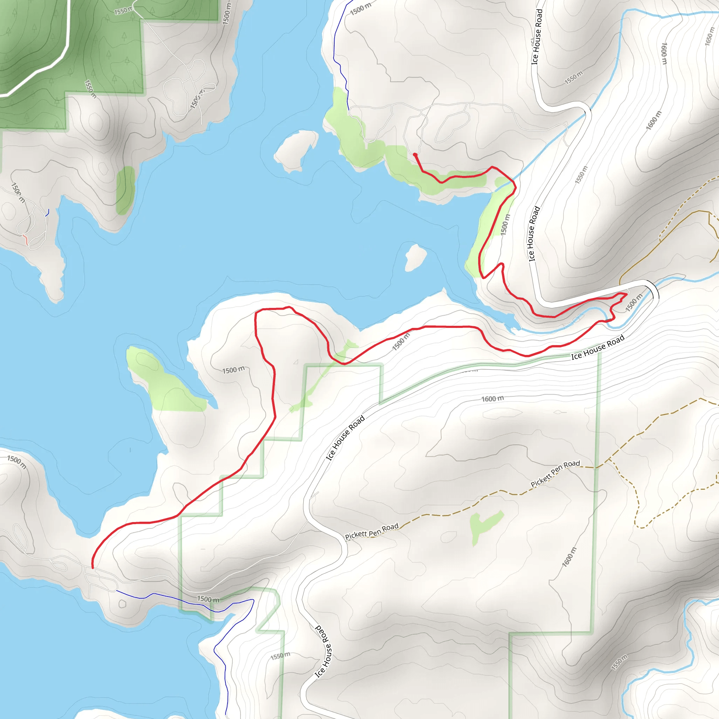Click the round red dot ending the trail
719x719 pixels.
415,154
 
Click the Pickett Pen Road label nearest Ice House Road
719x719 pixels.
371,532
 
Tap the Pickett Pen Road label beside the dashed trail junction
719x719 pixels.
555,473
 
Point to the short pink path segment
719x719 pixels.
25,239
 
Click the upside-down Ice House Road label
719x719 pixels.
322,651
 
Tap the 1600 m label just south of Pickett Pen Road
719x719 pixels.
569,557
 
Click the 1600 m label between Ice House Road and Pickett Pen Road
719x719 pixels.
492,399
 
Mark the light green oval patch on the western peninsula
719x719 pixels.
125,191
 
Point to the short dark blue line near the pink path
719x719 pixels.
47,213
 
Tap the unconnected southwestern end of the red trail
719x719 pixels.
92,568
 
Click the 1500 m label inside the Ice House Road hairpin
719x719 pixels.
634,302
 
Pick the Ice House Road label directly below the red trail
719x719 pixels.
598,347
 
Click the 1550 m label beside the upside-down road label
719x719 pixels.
280,656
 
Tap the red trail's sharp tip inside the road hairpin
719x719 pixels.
627,294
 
